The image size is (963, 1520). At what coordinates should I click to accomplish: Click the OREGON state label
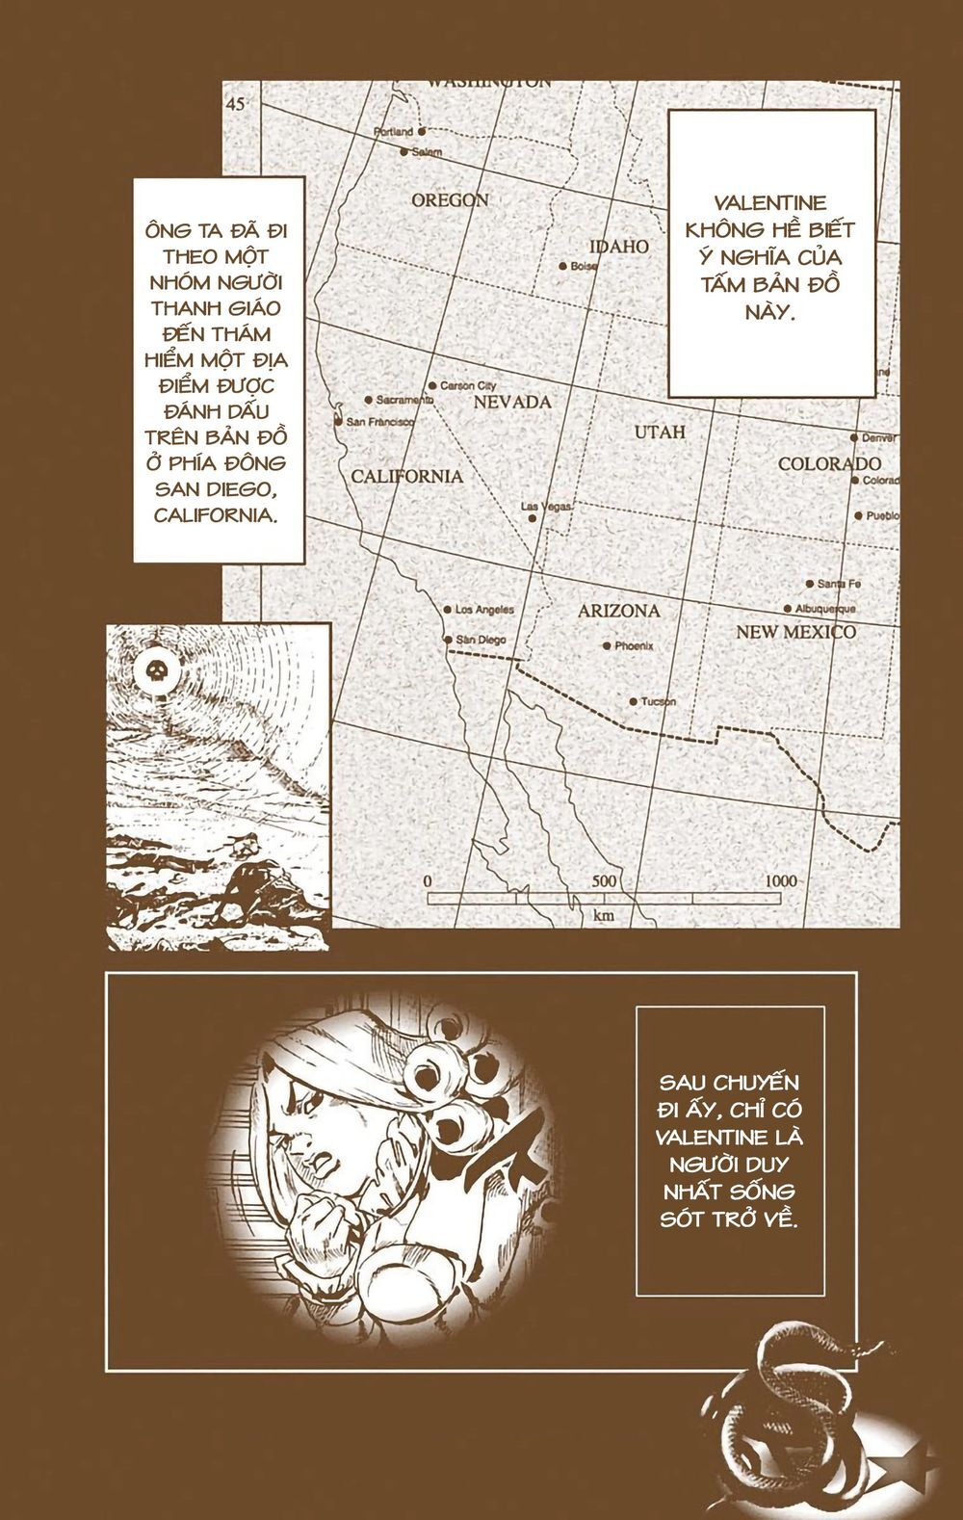click(450, 200)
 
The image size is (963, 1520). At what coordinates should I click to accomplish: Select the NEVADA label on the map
click(511, 402)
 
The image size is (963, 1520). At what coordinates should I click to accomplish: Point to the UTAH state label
click(660, 432)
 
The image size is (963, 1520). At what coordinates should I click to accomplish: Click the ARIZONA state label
click(618, 611)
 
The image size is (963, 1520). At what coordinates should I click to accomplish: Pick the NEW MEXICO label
click(795, 632)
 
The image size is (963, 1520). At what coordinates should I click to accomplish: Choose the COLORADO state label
click(829, 463)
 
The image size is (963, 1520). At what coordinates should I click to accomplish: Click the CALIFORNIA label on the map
click(406, 476)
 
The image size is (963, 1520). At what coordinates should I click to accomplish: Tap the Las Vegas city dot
click(533, 518)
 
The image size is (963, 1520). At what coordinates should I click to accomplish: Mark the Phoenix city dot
click(606, 646)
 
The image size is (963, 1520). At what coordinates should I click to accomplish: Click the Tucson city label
click(659, 701)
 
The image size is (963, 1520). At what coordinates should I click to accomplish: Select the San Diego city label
click(481, 640)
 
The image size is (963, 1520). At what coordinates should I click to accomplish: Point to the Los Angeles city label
click(484, 610)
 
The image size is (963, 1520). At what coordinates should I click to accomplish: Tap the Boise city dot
click(562, 266)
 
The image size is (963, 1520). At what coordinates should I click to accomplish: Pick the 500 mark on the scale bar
click(604, 880)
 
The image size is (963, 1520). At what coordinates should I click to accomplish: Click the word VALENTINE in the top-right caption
click(771, 203)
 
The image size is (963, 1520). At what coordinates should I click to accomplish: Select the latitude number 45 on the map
click(237, 104)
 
